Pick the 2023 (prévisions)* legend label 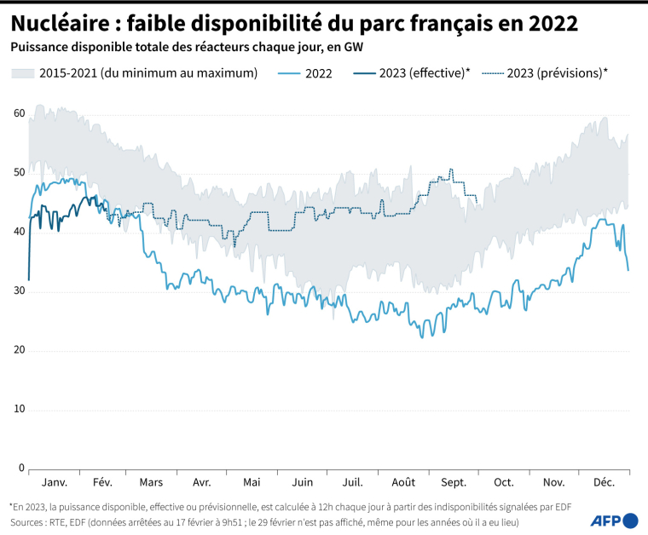[557, 73]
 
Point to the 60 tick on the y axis [19, 113]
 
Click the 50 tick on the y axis [19, 173]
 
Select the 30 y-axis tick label [19, 291]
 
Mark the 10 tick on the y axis [19, 410]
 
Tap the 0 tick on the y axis [21, 469]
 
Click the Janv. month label [54, 482]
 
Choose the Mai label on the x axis [252, 482]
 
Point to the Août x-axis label [404, 482]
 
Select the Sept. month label [454, 482]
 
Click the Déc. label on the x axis [604, 482]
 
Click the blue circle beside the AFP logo [631, 520]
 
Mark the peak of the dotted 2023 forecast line [450, 170]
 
